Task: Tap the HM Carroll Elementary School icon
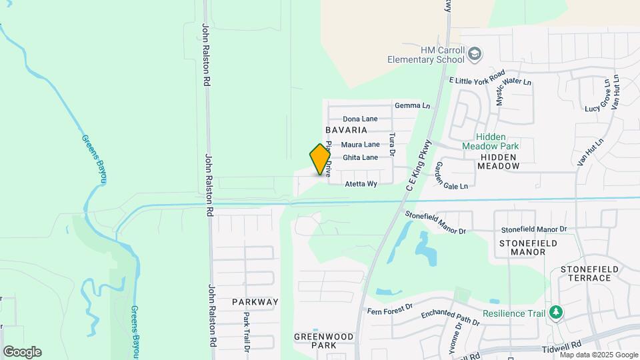point(475,54)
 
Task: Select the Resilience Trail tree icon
point(555,313)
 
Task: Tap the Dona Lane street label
point(361,119)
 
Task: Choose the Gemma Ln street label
point(412,105)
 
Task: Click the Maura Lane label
point(361,144)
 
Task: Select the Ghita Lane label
point(360,157)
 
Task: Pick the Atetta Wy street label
point(361,183)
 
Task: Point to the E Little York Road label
point(477,79)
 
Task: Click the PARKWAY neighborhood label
point(255,302)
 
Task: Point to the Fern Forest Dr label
point(391,311)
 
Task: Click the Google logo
point(22,352)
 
